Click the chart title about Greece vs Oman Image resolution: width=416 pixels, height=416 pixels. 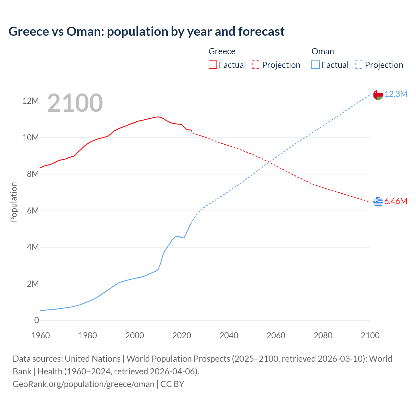click(x=146, y=32)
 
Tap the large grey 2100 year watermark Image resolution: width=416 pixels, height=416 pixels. click(x=75, y=103)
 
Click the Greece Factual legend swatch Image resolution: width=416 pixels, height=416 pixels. click(x=213, y=65)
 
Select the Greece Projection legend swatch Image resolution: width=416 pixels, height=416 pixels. click(x=256, y=65)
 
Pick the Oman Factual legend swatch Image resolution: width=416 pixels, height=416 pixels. click(x=316, y=65)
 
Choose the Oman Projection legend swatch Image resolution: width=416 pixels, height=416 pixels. click(x=359, y=65)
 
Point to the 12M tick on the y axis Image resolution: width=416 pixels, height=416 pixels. click(x=31, y=101)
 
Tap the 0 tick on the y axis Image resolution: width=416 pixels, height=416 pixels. click(x=36, y=320)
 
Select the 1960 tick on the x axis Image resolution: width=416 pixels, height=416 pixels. click(x=41, y=335)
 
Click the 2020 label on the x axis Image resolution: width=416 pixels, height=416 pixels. click(x=182, y=335)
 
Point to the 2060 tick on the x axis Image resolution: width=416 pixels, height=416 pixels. click(x=276, y=335)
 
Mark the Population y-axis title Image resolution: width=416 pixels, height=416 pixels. click(x=14, y=202)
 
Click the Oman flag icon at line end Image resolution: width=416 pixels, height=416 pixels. click(x=378, y=95)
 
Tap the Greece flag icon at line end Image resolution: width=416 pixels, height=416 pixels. click(x=378, y=201)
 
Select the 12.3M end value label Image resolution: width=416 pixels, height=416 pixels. click(x=396, y=94)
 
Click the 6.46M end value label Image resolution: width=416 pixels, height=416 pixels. click(x=396, y=201)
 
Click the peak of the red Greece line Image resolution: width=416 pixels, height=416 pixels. click(x=158, y=117)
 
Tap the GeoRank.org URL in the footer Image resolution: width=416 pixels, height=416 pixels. click(x=84, y=384)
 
